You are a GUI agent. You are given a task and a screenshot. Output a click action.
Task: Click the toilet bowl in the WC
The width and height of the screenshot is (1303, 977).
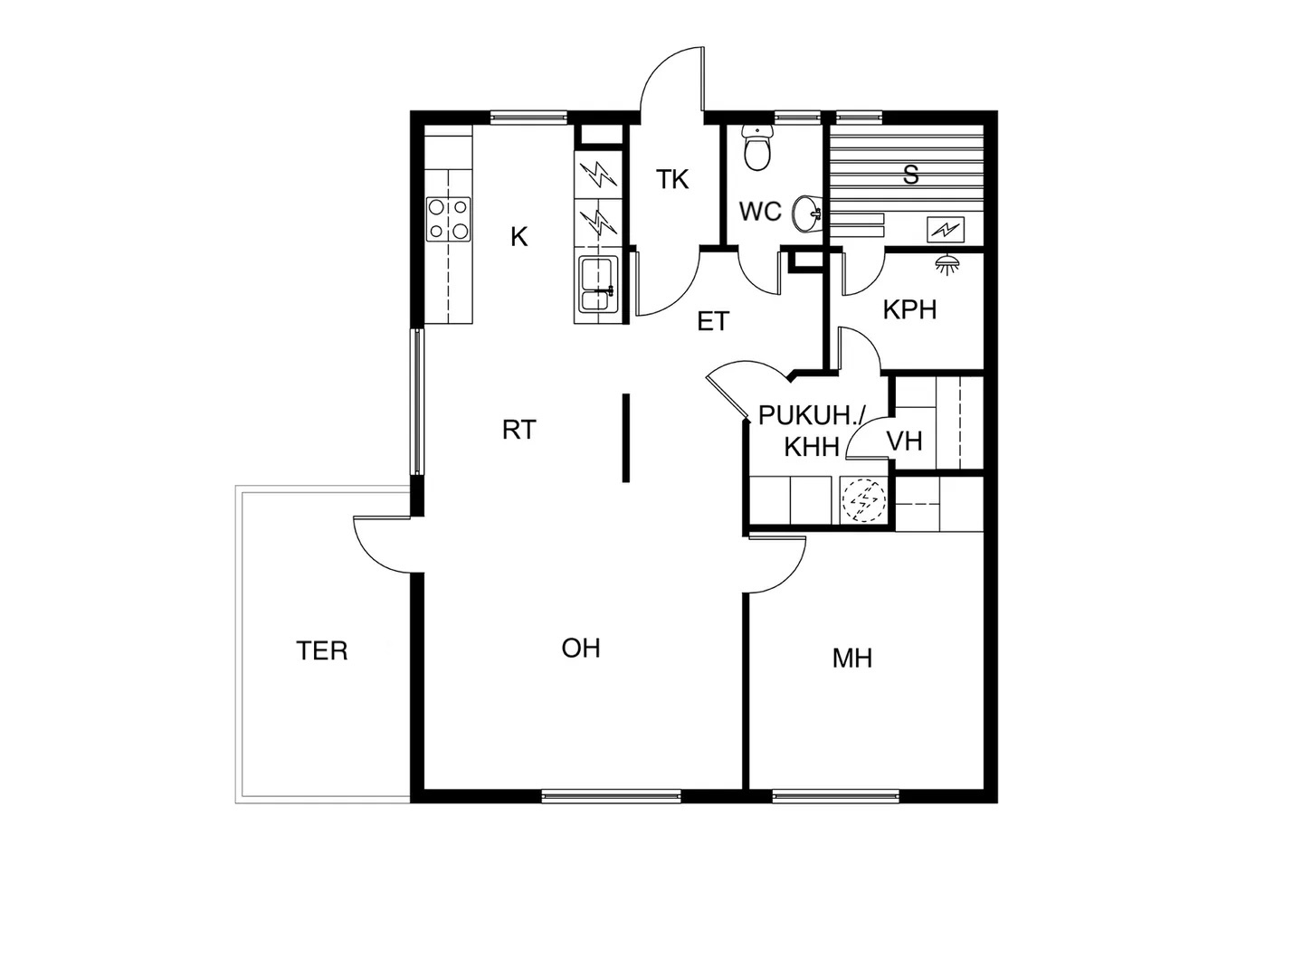click(x=758, y=149)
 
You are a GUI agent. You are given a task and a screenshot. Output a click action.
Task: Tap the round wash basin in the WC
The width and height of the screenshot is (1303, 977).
click(x=806, y=213)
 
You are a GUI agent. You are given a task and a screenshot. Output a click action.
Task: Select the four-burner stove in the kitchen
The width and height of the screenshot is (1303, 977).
click(x=449, y=219)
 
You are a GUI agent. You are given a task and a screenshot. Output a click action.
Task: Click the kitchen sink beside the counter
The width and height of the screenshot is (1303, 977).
click(x=598, y=284)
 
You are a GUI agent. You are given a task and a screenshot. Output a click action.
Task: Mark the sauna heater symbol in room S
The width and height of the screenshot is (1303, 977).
click(x=945, y=228)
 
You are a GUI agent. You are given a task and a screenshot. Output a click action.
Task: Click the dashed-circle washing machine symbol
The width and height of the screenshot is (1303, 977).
click(x=864, y=500)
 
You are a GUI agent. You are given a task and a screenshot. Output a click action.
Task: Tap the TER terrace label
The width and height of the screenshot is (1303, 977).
click(x=322, y=650)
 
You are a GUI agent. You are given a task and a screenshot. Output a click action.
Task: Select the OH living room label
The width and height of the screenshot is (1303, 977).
click(x=581, y=649)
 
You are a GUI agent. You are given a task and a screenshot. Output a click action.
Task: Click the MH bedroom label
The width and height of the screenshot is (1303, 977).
click(x=851, y=659)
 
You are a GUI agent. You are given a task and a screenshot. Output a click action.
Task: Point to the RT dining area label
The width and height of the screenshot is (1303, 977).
click(x=518, y=430)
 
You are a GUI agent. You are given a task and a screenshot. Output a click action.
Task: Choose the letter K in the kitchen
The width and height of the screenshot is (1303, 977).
click(x=518, y=237)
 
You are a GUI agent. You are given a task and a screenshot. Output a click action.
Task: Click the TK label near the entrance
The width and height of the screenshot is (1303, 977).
click(x=672, y=179)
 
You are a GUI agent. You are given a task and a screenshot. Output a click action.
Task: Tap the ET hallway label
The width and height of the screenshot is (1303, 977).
click(x=713, y=321)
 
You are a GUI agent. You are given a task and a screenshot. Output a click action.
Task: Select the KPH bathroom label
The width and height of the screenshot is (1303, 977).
click(x=909, y=309)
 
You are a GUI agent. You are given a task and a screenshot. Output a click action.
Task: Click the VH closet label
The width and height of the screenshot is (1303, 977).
click(x=904, y=441)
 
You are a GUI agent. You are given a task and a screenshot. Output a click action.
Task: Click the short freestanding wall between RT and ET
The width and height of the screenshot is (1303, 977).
click(x=625, y=438)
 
